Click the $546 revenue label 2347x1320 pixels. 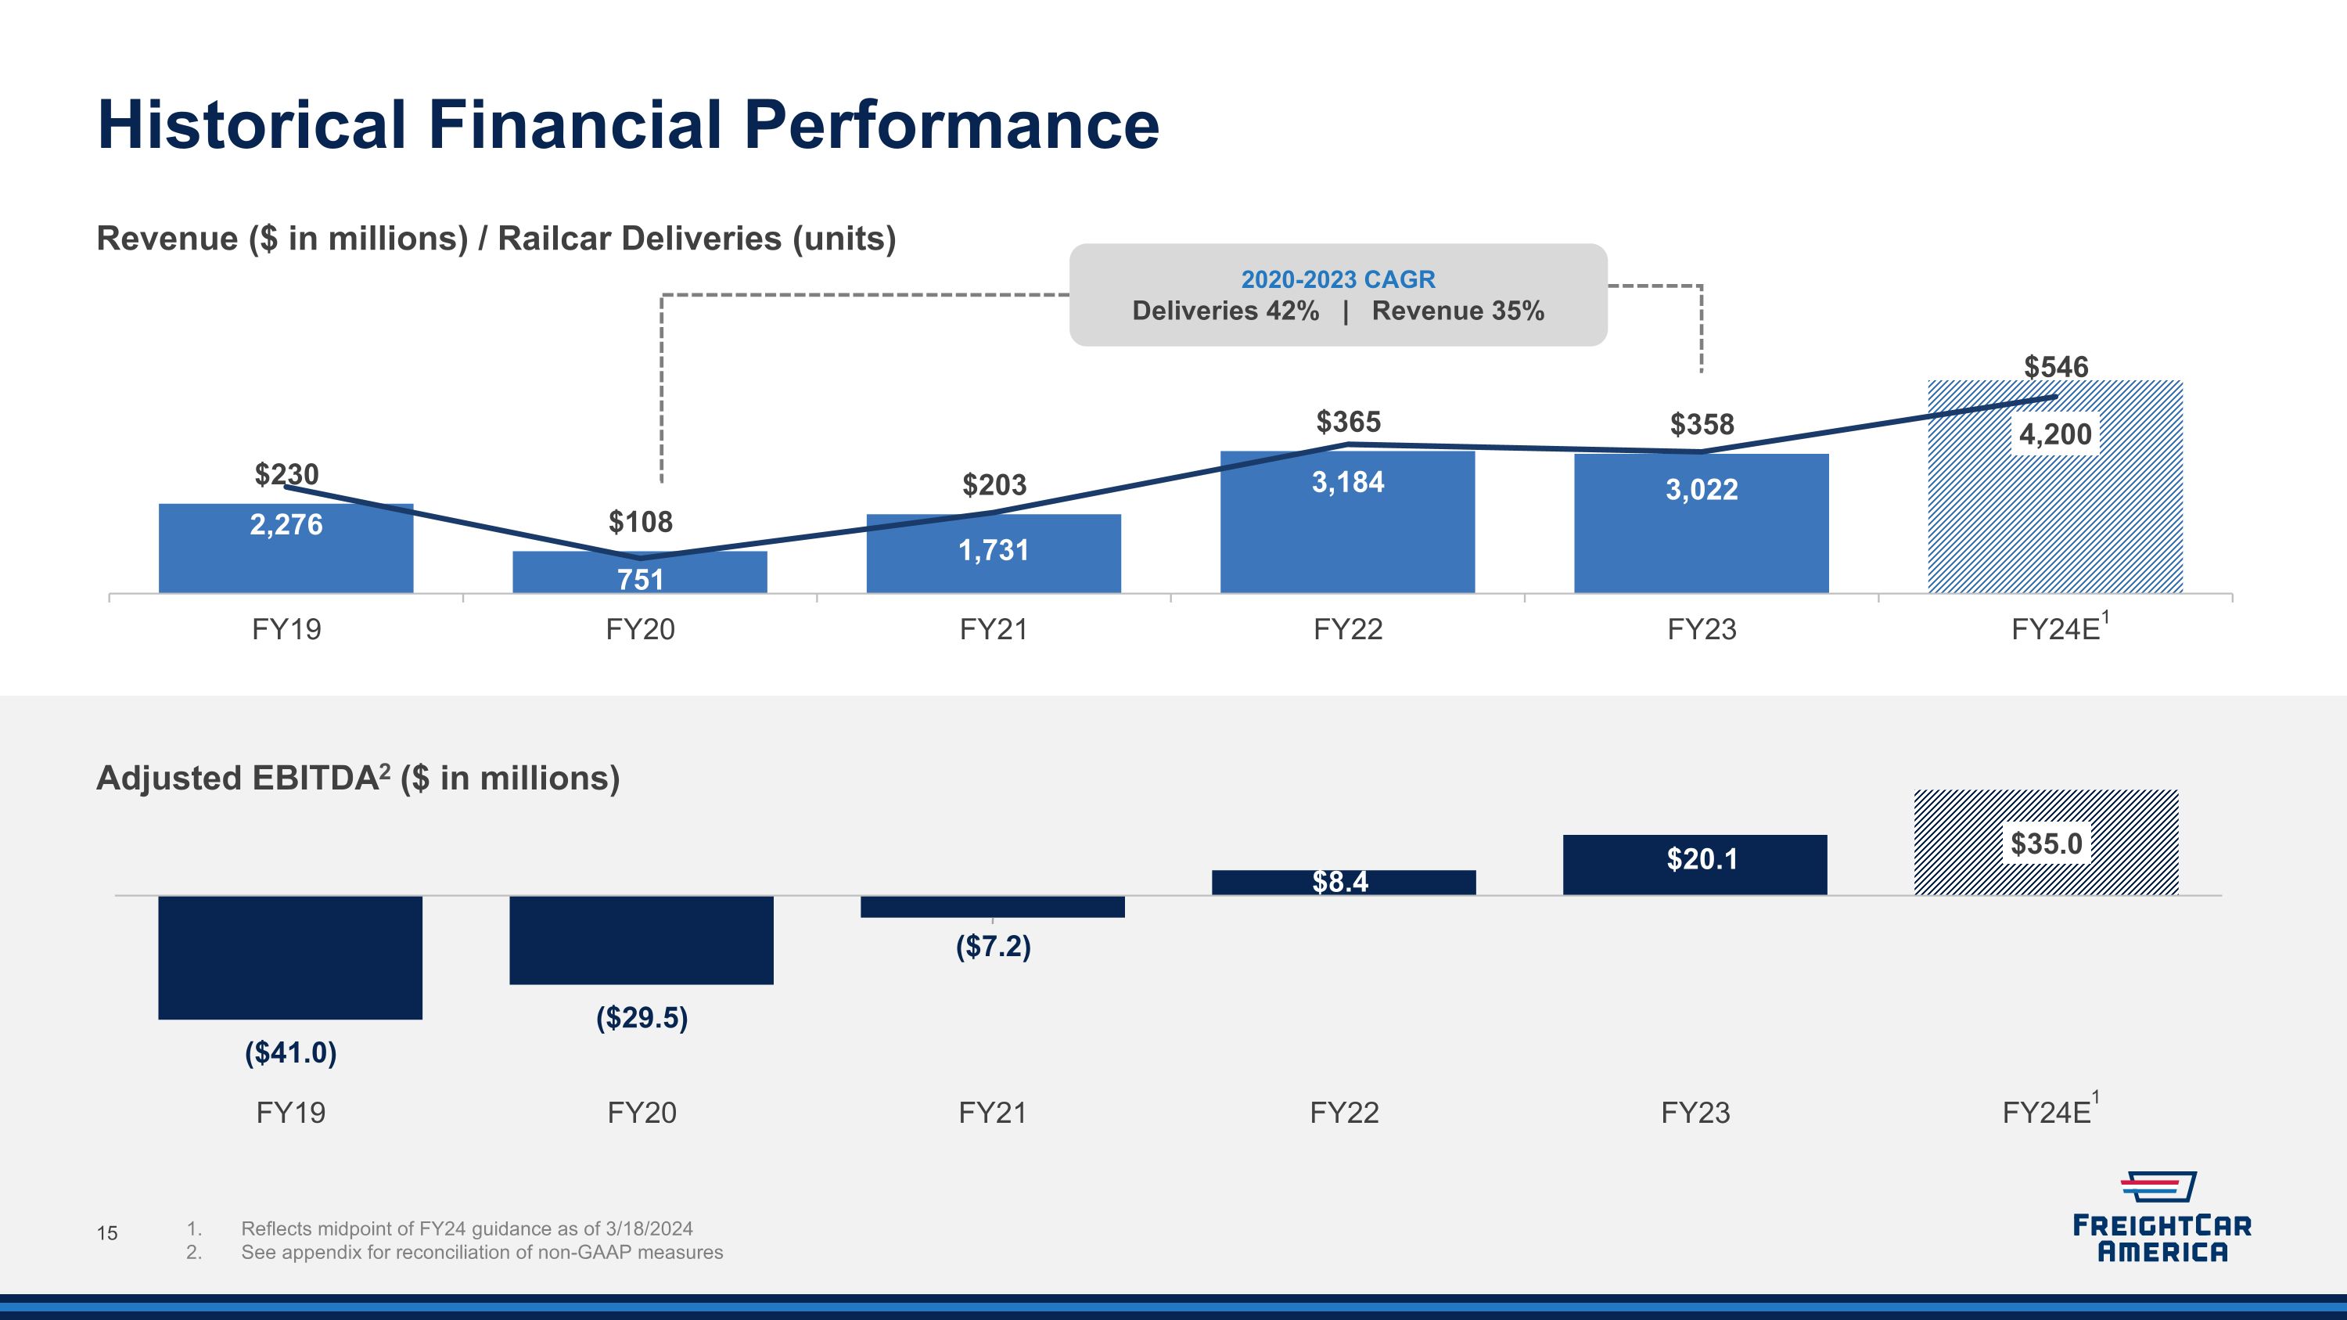(x=2055, y=367)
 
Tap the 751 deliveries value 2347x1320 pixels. (x=641, y=579)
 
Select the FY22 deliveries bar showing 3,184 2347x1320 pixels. (x=1347, y=522)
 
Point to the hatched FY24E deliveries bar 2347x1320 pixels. (x=2055, y=487)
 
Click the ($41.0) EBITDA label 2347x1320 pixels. (x=291, y=1053)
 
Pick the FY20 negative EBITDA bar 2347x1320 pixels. (x=642, y=941)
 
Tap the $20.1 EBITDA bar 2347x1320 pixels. (x=1695, y=865)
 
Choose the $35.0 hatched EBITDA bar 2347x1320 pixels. (x=2047, y=843)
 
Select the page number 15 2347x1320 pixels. (x=107, y=1233)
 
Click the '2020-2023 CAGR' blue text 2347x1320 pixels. (x=1338, y=279)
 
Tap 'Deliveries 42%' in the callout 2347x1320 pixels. (x=1225, y=311)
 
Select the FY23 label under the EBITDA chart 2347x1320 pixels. (x=1695, y=1113)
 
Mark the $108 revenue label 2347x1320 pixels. (x=641, y=522)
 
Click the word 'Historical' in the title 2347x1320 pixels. (x=251, y=125)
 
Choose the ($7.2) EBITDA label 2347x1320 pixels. (x=993, y=947)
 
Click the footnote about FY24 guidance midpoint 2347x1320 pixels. (x=466, y=1229)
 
